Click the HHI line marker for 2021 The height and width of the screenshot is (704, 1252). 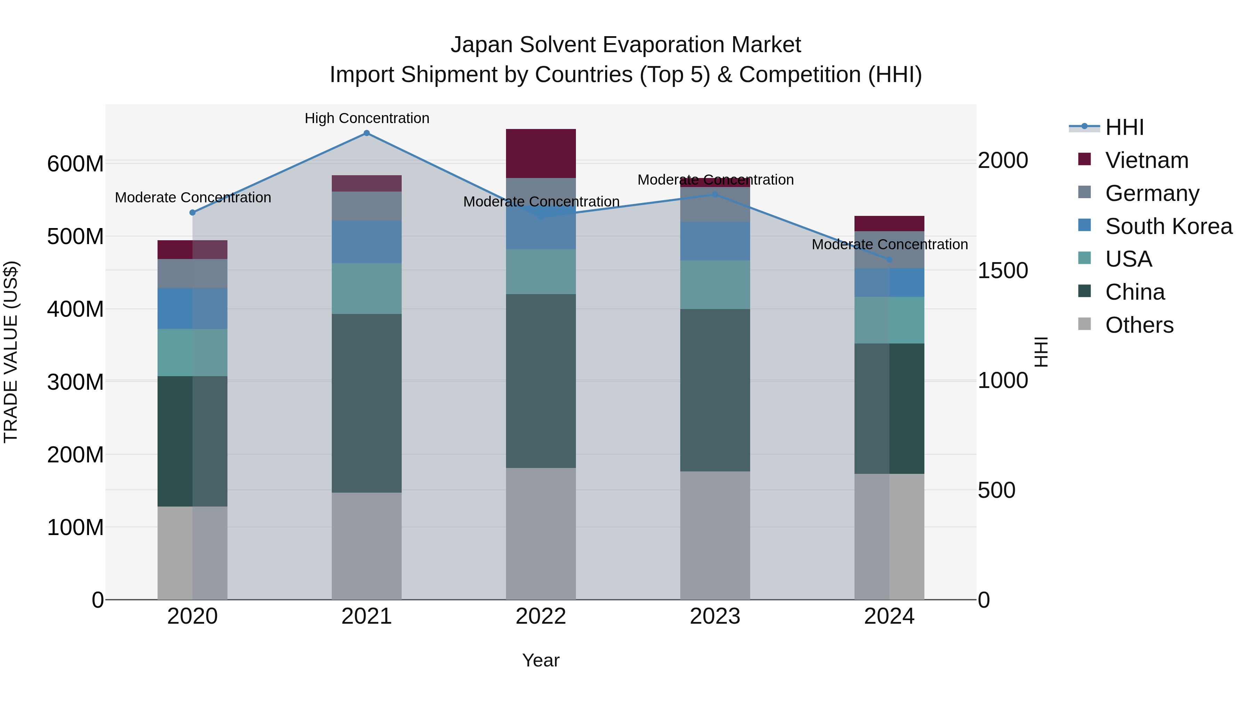(x=367, y=133)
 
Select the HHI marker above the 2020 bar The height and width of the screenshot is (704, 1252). (x=192, y=212)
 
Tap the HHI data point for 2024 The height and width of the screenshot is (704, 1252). (x=889, y=259)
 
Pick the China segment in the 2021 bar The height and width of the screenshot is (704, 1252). (x=367, y=403)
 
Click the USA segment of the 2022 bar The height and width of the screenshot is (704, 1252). (x=540, y=272)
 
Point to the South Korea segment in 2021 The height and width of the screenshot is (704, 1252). (x=367, y=242)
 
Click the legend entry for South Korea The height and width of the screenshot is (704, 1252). (x=1169, y=226)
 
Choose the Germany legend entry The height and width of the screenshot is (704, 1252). (x=1152, y=193)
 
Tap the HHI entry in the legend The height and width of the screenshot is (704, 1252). (x=1124, y=127)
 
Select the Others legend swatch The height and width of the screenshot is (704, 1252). (x=1084, y=324)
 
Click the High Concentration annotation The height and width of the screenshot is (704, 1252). (x=367, y=118)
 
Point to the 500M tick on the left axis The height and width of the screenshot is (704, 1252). (x=75, y=237)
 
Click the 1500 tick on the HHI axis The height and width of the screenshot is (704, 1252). (x=1003, y=270)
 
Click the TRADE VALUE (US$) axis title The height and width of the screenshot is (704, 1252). (x=11, y=352)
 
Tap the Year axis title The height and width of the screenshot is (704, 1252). (x=540, y=660)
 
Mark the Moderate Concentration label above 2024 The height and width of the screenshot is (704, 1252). (x=889, y=244)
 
